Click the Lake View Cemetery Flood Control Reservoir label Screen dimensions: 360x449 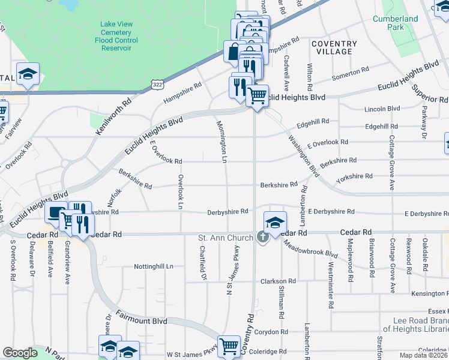point(116,35)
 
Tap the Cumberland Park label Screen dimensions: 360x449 point(394,23)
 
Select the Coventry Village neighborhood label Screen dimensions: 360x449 point(334,47)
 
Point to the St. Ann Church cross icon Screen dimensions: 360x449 point(262,238)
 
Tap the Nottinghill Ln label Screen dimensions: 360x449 point(153,266)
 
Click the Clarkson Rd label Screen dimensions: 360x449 point(278,281)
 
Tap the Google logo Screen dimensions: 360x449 point(20,353)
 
